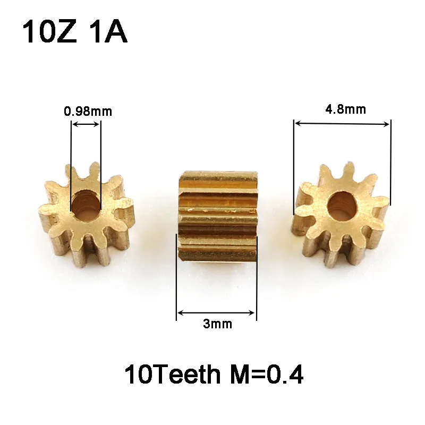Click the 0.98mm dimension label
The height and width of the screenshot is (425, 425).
point(88,112)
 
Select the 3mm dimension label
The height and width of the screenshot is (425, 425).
point(217,324)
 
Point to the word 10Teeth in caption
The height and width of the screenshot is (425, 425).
point(172,375)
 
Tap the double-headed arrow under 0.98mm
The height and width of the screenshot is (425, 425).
point(86,124)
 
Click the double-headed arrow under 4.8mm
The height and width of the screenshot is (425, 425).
point(342,123)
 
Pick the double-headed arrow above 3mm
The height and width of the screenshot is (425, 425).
point(217,313)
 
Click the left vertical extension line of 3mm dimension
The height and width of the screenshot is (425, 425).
point(177,276)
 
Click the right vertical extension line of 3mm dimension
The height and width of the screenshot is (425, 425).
point(257,276)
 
